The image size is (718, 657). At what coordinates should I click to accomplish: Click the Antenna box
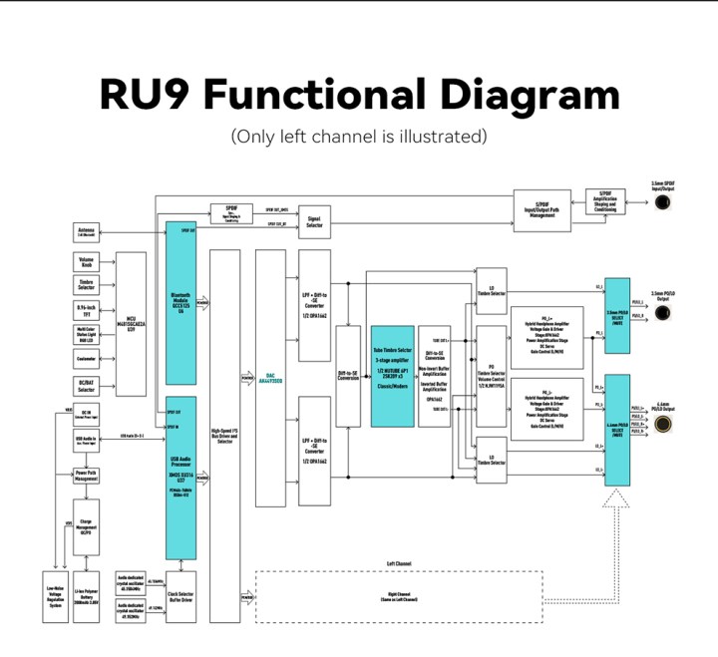point(86,232)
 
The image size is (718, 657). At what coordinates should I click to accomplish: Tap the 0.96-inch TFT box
point(86,310)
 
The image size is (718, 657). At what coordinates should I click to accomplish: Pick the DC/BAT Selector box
point(86,384)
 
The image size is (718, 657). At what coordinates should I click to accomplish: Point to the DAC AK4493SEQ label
point(270,379)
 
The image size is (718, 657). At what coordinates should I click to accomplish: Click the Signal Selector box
point(314,223)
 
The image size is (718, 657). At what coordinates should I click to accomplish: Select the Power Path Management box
point(86,477)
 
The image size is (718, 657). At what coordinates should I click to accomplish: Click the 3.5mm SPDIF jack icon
point(661,202)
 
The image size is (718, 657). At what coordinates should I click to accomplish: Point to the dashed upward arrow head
point(616,499)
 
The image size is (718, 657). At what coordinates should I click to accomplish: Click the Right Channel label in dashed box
point(398,597)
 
